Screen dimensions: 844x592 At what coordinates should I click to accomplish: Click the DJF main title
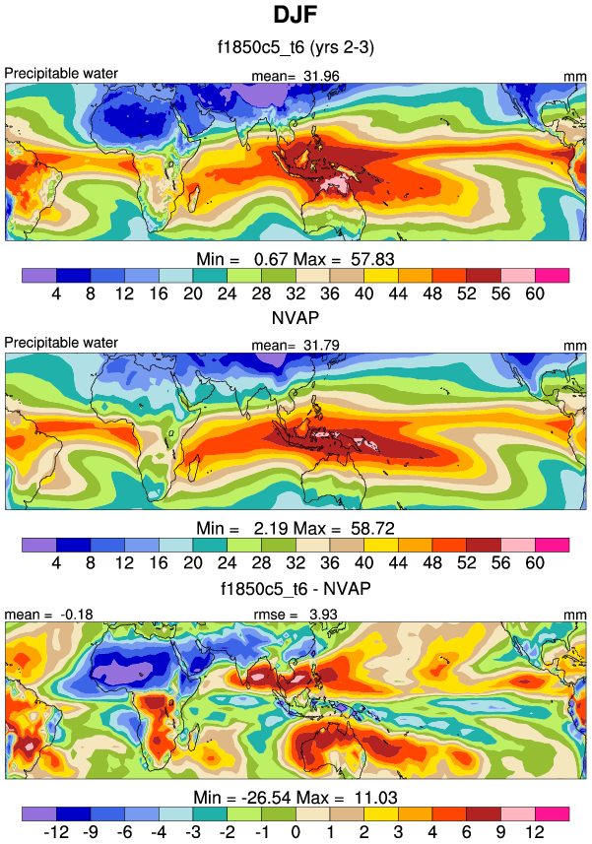[x=296, y=16]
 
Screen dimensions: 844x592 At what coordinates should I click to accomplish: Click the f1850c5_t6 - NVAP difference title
[x=296, y=589]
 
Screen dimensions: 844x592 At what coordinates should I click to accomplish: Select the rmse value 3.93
[x=321, y=615]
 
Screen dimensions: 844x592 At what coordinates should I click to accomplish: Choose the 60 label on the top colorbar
[x=535, y=293]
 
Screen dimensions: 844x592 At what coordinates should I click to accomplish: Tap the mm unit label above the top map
[x=575, y=74]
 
